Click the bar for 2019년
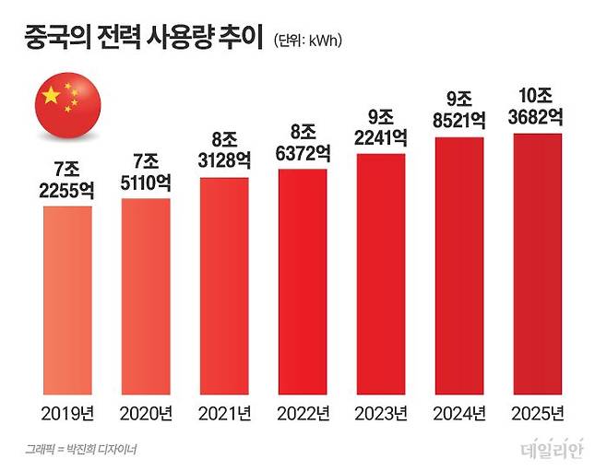pos(67,298)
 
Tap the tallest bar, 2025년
pos(538,262)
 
